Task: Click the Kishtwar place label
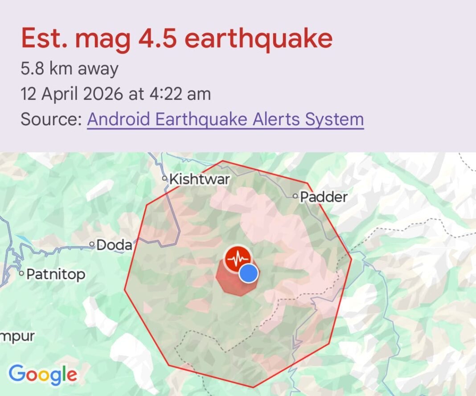[x=200, y=180]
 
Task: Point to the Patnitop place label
[x=56, y=274]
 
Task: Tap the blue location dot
[x=249, y=274]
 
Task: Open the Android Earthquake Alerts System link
[x=225, y=119]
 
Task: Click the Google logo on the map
[x=43, y=374]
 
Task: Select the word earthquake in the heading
[x=259, y=38]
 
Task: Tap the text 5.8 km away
[x=70, y=69]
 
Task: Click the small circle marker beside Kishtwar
[x=165, y=179]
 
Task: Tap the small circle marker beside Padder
[x=295, y=196]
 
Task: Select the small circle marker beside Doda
[x=92, y=244]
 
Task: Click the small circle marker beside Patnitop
[x=21, y=274]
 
